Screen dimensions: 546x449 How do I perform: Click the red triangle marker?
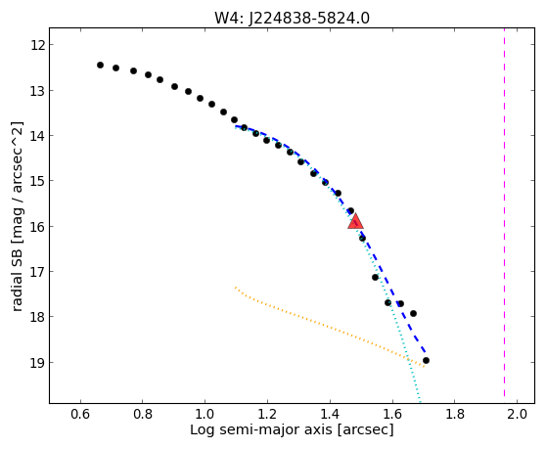[355, 222]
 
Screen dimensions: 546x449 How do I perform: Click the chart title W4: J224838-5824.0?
[292, 19]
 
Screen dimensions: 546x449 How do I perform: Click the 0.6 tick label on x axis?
[80, 414]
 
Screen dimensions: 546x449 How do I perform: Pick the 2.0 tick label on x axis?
[517, 414]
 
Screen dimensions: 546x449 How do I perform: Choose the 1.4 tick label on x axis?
[330, 414]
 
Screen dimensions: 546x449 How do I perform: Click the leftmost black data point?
[100, 65]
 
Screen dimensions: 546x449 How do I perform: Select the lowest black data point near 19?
[426, 360]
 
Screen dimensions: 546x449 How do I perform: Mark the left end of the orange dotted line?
[236, 288]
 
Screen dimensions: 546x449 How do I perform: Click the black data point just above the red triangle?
[350, 211]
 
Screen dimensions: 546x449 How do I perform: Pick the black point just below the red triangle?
[362, 238]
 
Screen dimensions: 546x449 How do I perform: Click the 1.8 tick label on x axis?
[454, 414]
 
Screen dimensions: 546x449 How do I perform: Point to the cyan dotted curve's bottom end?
[420, 402]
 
